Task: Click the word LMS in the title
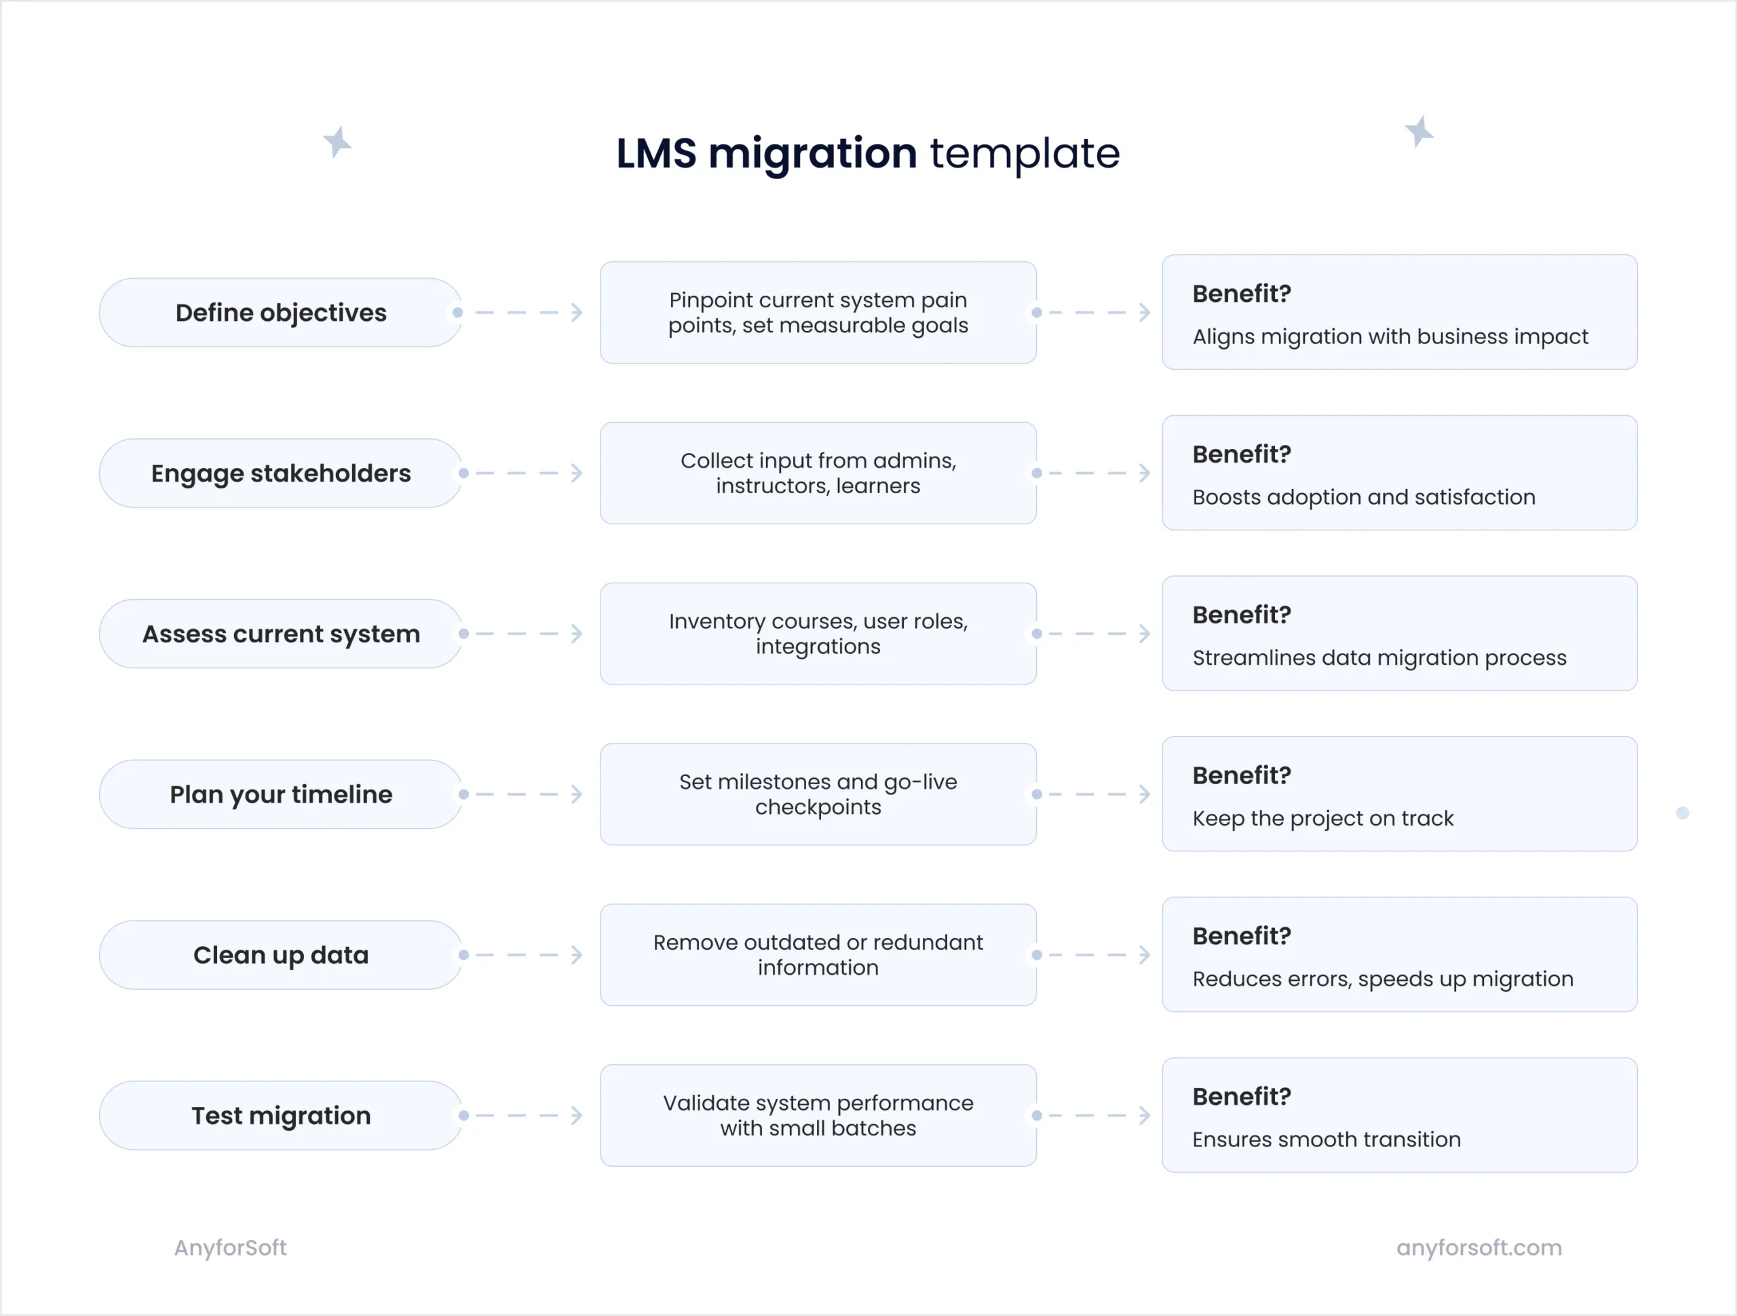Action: (655, 153)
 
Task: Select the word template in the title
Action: (1024, 153)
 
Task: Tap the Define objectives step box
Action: (280, 313)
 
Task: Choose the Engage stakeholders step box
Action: (280, 473)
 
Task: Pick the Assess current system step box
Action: (280, 634)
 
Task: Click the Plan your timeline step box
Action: (280, 794)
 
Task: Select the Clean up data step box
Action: (280, 955)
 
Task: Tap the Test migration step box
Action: (280, 1116)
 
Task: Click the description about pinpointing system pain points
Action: (818, 313)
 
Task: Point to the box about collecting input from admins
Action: (818, 473)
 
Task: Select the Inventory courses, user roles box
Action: (818, 634)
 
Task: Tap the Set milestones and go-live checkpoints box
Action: (818, 794)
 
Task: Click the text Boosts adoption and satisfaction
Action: (1363, 497)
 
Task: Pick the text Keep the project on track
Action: (1322, 818)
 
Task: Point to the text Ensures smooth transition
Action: (1326, 1140)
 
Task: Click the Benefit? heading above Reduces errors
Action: (1242, 936)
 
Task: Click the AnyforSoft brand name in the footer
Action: (230, 1247)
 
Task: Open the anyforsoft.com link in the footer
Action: (1478, 1247)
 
